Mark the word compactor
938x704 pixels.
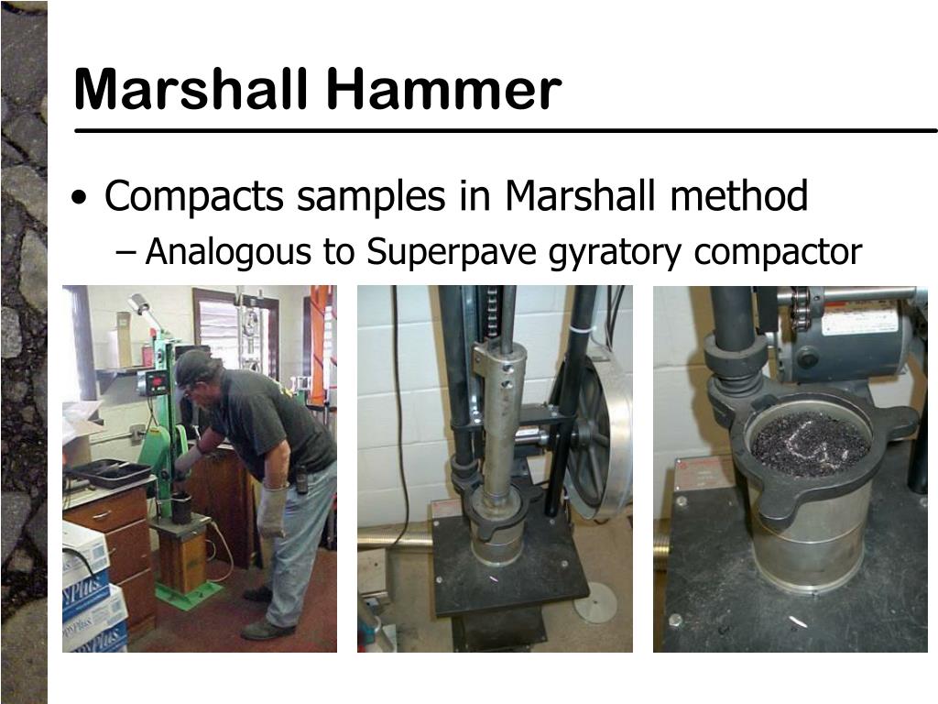coord(778,252)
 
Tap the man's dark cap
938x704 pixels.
coord(193,365)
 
